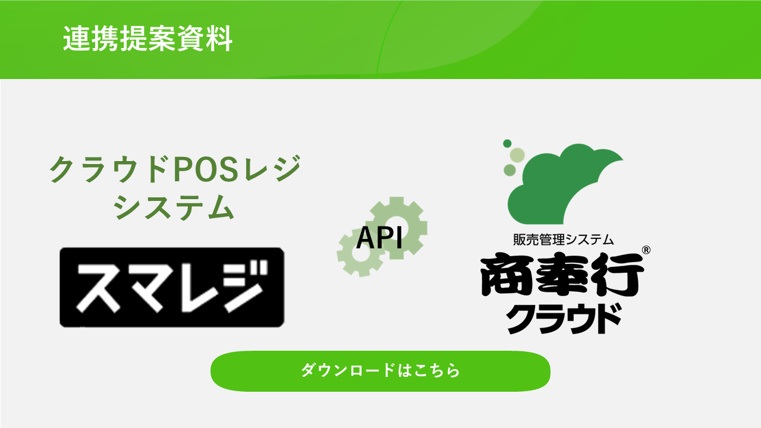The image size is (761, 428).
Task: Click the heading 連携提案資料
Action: click(147, 39)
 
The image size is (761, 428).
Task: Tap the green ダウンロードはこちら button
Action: click(380, 371)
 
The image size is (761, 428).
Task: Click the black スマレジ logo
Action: click(172, 287)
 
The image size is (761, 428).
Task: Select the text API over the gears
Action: click(379, 237)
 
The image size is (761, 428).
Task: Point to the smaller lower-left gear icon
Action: click(361, 253)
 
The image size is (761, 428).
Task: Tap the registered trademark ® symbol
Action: click(646, 250)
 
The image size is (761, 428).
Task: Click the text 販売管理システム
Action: click(563, 240)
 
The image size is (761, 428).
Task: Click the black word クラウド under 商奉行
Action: click(564, 319)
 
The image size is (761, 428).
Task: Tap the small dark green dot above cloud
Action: click(507, 143)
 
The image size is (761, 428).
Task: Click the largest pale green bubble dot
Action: click(517, 155)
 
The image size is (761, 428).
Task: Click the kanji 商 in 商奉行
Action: click(506, 275)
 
